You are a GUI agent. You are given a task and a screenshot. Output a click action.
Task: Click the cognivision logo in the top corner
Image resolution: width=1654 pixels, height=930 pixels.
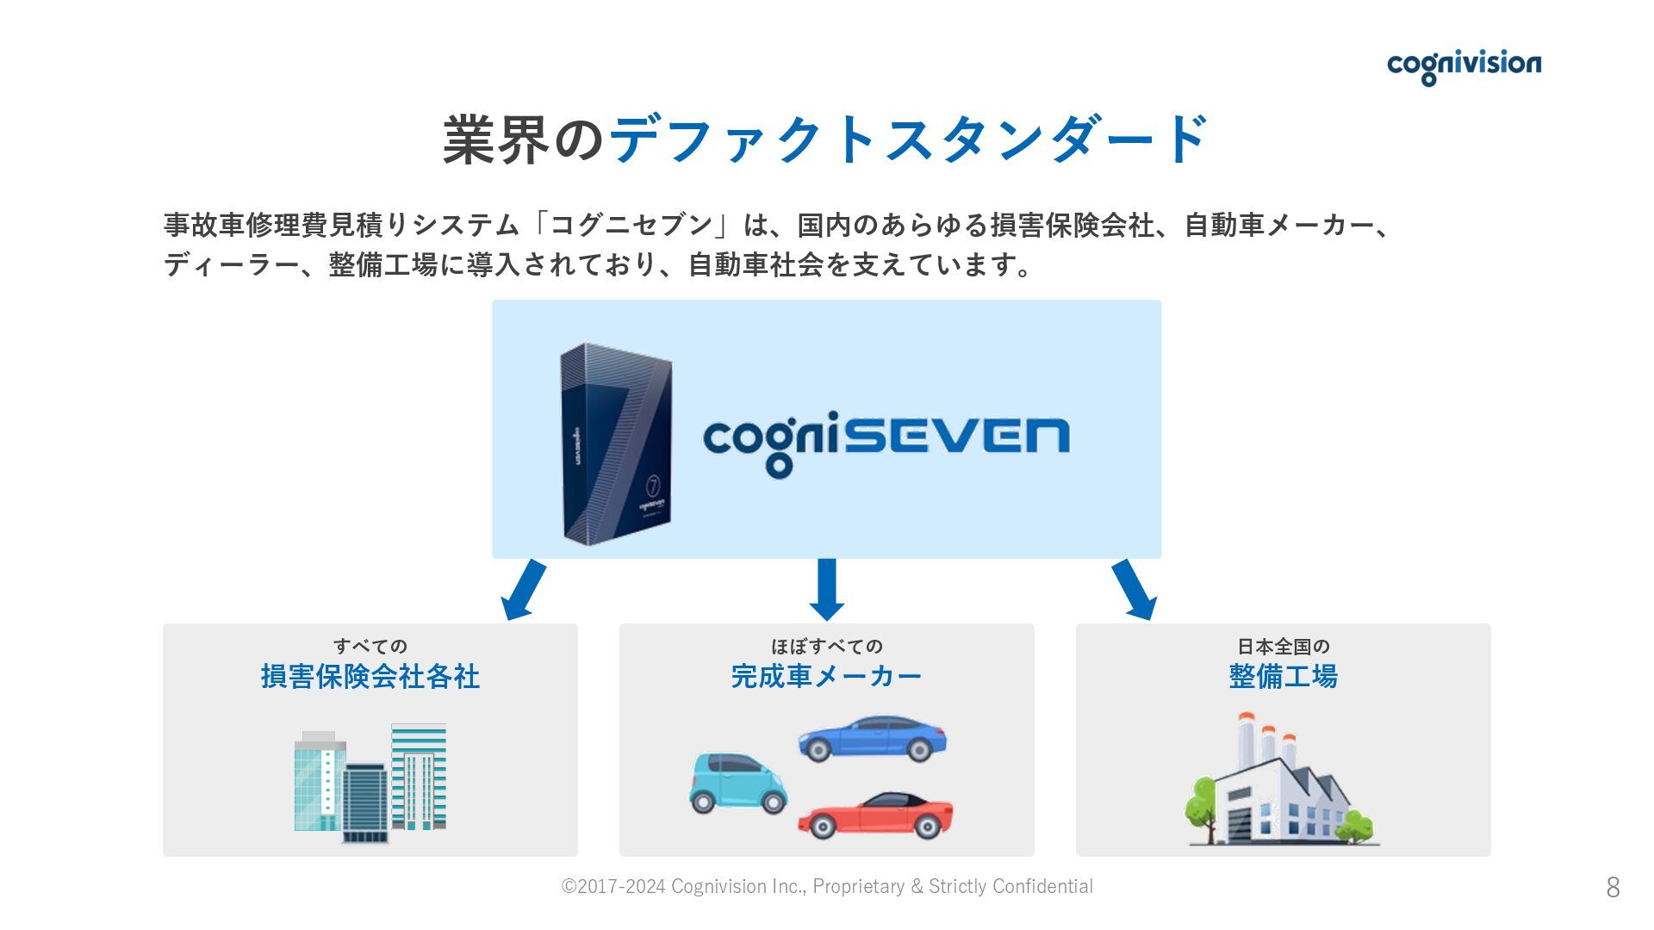[1464, 65]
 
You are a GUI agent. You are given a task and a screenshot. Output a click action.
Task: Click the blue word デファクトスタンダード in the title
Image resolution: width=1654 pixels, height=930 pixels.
[909, 139]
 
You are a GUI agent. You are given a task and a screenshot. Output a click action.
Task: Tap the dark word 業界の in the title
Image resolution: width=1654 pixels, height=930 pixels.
[524, 139]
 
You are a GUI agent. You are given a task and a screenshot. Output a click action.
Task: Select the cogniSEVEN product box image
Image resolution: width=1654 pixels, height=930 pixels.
[616, 443]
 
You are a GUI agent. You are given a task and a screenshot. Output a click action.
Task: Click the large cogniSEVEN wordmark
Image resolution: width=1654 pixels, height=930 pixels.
[886, 439]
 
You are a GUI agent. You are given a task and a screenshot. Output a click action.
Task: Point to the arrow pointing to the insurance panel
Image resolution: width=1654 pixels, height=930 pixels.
[524, 590]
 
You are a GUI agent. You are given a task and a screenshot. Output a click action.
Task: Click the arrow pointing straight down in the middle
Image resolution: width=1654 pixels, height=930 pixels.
[827, 590]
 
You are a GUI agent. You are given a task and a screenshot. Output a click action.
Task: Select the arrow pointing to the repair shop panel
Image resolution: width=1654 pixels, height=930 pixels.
[1134, 590]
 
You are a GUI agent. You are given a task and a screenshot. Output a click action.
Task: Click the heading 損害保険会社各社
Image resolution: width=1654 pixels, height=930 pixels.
[370, 677]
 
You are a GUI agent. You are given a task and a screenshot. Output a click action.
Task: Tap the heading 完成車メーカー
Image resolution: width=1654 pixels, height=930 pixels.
[827, 677]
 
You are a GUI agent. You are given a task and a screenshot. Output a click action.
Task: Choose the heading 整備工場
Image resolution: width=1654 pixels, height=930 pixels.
[1283, 677]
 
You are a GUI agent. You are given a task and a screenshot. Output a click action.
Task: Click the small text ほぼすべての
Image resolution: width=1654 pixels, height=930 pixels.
[827, 646]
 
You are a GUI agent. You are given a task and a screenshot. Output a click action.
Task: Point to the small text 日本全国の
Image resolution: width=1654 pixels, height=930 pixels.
[1283, 646]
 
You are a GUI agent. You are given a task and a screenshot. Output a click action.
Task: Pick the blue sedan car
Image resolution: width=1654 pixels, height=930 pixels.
[873, 739]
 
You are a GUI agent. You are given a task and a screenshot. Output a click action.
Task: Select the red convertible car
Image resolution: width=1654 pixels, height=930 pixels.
[875, 815]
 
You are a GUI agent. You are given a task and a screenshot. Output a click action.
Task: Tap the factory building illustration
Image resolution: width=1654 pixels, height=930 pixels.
[1281, 782]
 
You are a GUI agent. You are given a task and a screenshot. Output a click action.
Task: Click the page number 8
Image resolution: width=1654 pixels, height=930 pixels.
[1613, 887]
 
